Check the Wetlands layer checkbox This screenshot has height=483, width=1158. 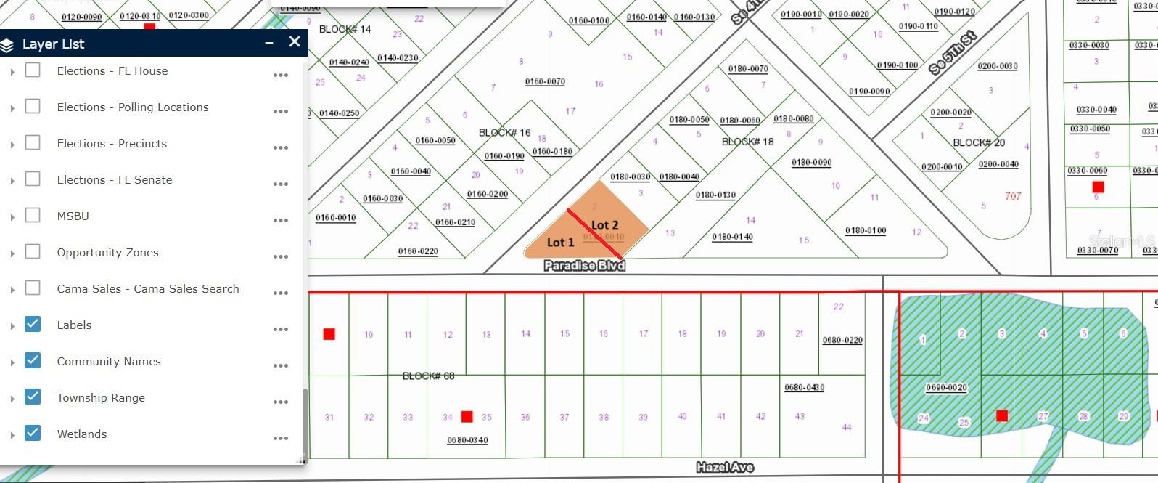tap(33, 433)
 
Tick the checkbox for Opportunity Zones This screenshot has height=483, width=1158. tap(33, 251)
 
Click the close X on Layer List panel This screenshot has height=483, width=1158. tap(294, 42)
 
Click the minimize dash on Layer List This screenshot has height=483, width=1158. tap(269, 44)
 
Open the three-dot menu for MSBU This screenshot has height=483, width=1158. tap(281, 220)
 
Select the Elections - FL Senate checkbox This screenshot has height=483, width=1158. tap(33, 179)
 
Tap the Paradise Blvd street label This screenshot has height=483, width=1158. tap(584, 266)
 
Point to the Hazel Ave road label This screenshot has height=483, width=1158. tap(724, 467)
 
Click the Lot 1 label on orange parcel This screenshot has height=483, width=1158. tap(560, 242)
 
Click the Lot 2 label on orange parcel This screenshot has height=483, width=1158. tap(604, 225)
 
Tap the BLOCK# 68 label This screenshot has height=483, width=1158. tap(428, 376)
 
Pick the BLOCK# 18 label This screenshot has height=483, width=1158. tap(747, 142)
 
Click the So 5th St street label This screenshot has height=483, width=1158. tap(953, 53)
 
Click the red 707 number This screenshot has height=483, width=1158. tap(1013, 196)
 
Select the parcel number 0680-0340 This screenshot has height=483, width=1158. tap(467, 440)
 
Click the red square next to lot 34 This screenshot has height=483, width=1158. tap(467, 416)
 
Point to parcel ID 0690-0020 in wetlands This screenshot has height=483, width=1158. tap(946, 387)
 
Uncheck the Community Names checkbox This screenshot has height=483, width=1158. tap(33, 360)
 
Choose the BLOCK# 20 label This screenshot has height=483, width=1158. tap(979, 142)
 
